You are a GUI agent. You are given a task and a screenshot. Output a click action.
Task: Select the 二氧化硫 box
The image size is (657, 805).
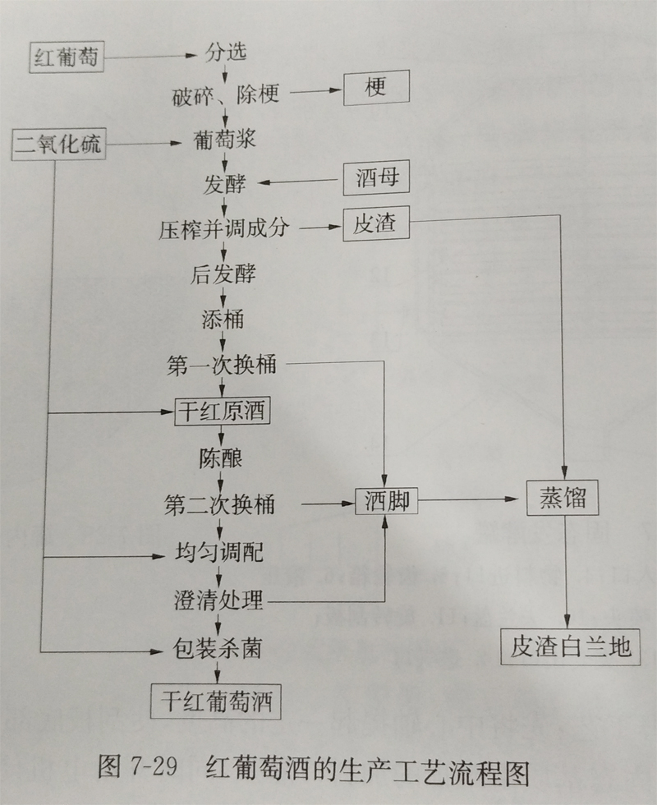[58, 145]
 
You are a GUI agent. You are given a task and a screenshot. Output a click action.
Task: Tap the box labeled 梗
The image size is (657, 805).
[376, 87]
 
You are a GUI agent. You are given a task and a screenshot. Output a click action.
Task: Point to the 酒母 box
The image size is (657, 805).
[376, 179]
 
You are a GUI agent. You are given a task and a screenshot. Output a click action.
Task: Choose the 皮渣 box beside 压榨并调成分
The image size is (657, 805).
[376, 223]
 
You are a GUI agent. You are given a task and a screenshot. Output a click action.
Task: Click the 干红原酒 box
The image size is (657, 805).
[222, 412]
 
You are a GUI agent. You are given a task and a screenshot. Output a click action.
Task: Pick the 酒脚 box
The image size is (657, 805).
[387, 500]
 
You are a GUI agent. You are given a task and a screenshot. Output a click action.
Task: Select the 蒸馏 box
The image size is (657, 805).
[563, 498]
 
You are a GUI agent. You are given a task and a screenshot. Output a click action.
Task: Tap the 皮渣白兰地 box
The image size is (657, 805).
[570, 646]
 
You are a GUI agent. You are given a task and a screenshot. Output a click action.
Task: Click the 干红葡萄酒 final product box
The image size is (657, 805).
[215, 701]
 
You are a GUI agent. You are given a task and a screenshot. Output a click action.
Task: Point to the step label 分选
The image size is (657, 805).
[226, 53]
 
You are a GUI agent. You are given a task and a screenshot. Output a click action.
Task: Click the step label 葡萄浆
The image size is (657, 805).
[224, 140]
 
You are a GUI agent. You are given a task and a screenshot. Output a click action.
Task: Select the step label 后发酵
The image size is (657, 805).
[223, 274]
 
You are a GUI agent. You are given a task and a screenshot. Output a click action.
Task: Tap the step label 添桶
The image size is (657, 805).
[223, 320]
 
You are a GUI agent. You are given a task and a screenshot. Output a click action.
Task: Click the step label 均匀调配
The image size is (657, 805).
[218, 552]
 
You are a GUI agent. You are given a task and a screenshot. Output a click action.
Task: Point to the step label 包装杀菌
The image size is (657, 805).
[217, 648]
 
